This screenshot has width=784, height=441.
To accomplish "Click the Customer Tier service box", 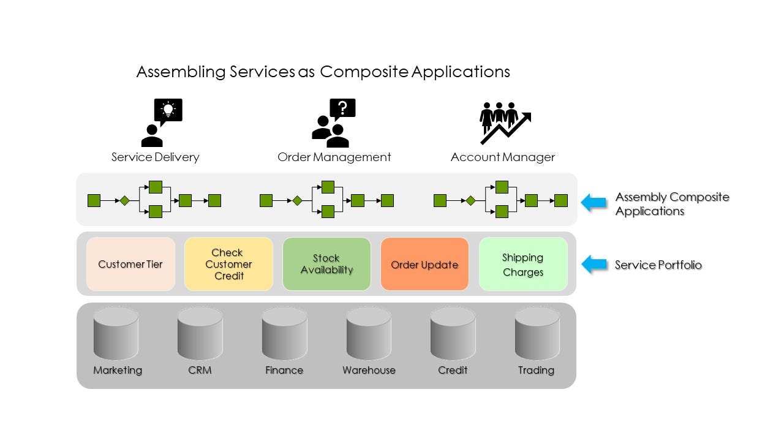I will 130,264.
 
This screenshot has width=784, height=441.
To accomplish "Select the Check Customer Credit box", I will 228,264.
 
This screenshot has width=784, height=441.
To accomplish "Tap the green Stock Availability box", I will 326,264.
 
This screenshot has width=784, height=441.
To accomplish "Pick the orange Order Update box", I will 424,264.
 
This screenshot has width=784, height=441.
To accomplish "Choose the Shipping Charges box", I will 522,264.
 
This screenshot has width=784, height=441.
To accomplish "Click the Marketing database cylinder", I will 116,334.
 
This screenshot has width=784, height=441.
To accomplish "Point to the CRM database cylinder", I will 200,334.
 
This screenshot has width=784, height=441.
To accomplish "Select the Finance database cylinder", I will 284,334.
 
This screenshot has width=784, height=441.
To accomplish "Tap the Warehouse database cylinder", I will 369,334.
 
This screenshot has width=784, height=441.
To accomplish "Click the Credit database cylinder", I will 453,334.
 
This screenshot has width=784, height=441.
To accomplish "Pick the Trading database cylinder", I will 537,334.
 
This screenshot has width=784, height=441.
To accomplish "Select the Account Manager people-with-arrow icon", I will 504,123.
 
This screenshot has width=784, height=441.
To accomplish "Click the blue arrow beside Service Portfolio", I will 594,265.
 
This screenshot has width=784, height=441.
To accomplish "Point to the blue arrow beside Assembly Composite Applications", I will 594,203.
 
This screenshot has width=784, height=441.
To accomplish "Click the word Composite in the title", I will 364,72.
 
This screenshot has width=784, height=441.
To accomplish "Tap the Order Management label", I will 334,157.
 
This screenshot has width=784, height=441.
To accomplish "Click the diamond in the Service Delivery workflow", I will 124,200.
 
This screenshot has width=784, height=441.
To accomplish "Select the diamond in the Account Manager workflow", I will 470,200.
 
